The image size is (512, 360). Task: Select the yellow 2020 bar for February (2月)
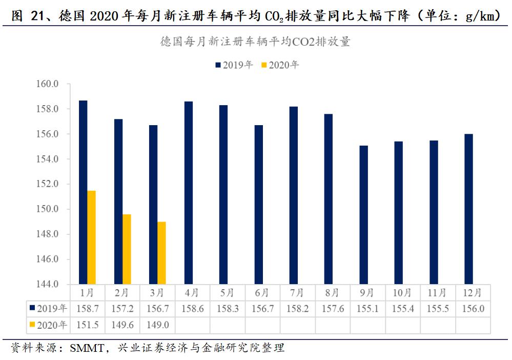click(127, 249)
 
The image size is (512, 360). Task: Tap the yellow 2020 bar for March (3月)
click(161, 253)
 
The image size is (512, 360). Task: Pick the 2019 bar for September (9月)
click(363, 215)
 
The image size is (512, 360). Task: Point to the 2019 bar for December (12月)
click(468, 209)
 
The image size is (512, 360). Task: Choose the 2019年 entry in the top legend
click(234, 65)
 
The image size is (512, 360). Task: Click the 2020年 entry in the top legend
click(280, 65)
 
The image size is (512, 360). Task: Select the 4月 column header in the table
click(192, 293)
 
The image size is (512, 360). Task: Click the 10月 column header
click(402, 293)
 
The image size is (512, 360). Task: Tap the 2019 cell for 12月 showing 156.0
click(473, 309)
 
